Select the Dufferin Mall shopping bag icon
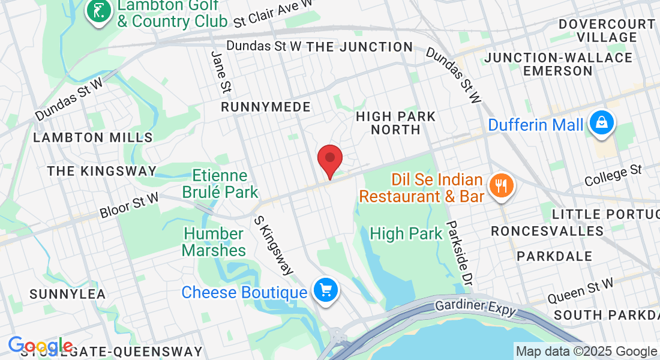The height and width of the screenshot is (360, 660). click(600, 124)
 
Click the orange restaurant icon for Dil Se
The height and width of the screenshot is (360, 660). click(499, 185)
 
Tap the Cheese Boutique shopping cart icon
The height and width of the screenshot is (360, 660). click(326, 291)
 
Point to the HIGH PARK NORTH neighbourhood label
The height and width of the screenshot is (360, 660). click(395, 122)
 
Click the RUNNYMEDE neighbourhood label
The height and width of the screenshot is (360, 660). click(266, 107)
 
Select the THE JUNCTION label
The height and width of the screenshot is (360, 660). click(359, 47)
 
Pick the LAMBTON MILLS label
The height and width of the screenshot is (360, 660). click(93, 137)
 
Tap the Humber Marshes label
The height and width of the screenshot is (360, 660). click(214, 242)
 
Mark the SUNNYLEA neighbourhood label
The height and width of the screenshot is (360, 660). click(68, 294)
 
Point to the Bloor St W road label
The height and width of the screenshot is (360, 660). click(129, 205)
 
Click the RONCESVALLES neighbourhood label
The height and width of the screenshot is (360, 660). click(547, 231)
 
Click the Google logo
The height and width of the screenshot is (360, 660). click(41, 346)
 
